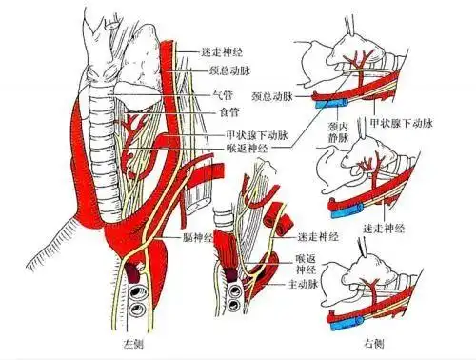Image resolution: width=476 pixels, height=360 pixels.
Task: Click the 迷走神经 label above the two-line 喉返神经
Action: coord(317,235)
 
